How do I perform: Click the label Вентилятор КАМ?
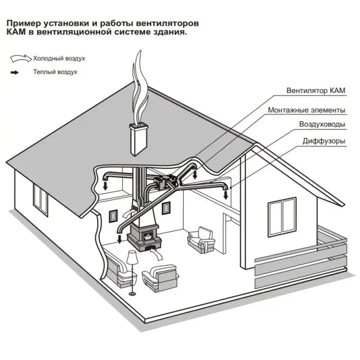(316, 91)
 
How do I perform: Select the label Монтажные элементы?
(307, 110)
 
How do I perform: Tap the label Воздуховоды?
(322, 124)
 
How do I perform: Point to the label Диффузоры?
(324, 141)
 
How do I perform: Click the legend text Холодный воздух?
(59, 59)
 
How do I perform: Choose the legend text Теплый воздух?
(55, 72)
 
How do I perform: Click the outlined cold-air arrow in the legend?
(20, 58)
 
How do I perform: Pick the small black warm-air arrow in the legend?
(14, 73)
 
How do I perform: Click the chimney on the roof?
(139, 139)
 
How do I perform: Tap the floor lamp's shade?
(132, 257)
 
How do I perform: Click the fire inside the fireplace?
(148, 237)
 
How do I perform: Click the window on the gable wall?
(282, 217)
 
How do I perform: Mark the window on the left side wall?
(40, 200)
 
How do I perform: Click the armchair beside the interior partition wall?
(201, 240)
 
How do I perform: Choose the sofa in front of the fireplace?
(160, 278)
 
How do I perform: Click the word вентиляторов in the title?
(167, 23)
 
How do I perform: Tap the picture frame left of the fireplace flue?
(113, 216)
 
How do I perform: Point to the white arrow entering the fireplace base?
(157, 254)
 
